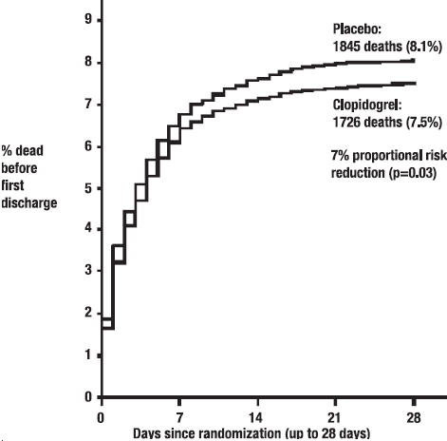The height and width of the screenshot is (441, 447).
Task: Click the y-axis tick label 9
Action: (x=88, y=20)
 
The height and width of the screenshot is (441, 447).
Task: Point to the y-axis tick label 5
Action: (x=88, y=188)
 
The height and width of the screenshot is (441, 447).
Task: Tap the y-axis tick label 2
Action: (x=88, y=313)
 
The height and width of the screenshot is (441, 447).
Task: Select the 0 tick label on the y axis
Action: (x=88, y=397)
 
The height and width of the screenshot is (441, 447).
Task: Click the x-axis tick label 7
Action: (x=179, y=418)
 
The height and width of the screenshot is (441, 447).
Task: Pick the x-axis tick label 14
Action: (x=255, y=418)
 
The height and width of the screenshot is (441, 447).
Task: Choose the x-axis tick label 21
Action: (x=334, y=418)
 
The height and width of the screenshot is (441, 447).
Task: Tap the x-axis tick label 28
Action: (x=413, y=418)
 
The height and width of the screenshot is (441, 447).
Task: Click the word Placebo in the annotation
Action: (x=356, y=29)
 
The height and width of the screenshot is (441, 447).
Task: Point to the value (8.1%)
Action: (x=424, y=47)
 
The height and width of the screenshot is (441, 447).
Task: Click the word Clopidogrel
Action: (x=365, y=105)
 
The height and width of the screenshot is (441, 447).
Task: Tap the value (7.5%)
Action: (x=424, y=123)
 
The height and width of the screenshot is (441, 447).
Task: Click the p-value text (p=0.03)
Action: (x=411, y=174)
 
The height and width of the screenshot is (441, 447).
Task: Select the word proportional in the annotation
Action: (x=387, y=156)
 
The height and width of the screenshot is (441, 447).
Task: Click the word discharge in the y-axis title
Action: (x=29, y=203)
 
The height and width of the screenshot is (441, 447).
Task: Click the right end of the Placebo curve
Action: (x=414, y=61)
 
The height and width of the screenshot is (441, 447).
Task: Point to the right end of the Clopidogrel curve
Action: (x=415, y=84)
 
